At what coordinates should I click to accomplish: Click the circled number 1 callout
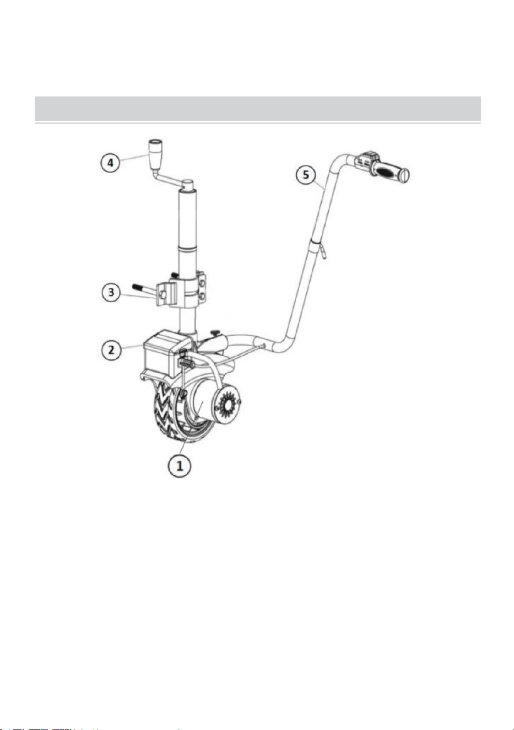click(x=180, y=466)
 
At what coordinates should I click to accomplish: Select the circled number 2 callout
click(x=111, y=350)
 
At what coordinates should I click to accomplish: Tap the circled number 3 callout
click(x=111, y=292)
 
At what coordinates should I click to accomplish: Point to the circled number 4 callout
click(x=110, y=162)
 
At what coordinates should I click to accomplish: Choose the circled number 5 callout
click(x=306, y=175)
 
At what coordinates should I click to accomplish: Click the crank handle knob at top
click(x=155, y=154)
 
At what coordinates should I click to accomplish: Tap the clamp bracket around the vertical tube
click(x=182, y=290)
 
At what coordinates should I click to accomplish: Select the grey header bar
click(x=258, y=109)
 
